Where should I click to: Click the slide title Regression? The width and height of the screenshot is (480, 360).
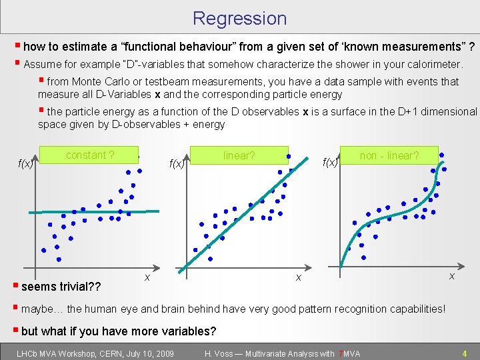239,18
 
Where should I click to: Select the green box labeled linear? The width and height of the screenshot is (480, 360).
239,155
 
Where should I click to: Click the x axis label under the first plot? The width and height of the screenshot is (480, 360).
147,276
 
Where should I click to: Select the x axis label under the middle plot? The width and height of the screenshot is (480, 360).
299,276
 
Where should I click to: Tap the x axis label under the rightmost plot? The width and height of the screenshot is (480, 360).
451,275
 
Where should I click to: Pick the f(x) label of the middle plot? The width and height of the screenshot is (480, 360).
177,163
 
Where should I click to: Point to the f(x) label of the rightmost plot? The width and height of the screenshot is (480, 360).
330,162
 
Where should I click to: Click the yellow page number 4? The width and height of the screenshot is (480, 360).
465,353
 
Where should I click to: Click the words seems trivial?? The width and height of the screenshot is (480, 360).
61,287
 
